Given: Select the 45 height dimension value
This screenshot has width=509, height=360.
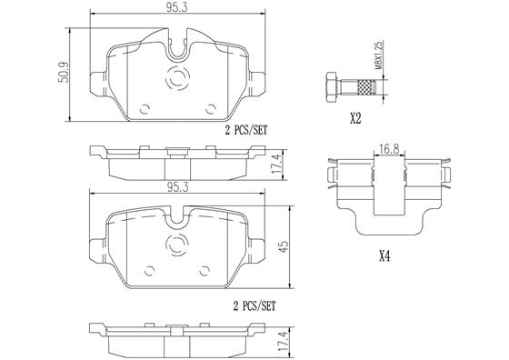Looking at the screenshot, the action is [284, 246].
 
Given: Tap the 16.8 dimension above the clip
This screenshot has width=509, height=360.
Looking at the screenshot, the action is [389, 149].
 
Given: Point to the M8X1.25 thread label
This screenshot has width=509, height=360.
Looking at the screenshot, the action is [379, 55].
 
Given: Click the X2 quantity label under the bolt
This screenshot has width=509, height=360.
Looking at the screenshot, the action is [355, 119].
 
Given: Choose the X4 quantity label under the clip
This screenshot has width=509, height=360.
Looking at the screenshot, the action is [384, 256].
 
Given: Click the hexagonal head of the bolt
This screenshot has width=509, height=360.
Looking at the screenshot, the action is [331, 87].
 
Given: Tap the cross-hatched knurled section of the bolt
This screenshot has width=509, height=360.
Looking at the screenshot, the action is [366, 87].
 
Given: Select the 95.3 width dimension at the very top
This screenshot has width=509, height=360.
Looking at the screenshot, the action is [177, 8].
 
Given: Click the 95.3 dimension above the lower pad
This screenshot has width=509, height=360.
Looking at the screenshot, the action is [177, 187].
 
